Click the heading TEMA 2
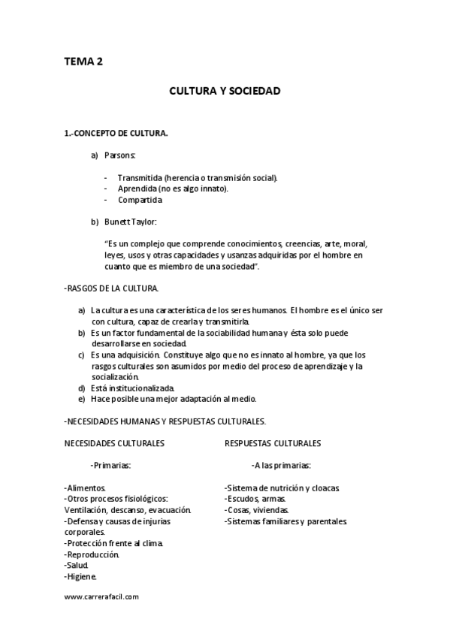click(83, 62)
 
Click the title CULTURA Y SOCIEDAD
click(225, 91)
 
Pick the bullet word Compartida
click(140, 200)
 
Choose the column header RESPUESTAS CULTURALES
click(273, 443)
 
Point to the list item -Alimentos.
click(86, 488)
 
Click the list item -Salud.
click(77, 566)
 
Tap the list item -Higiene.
click(81, 577)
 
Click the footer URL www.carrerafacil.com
click(101, 597)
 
